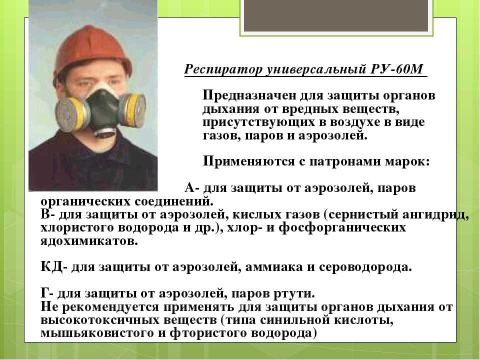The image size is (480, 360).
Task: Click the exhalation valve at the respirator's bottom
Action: [x=106, y=131]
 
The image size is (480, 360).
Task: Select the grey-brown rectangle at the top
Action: [x=336, y=15]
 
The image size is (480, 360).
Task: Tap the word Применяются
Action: [x=249, y=161]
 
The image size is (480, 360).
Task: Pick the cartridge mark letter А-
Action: [x=192, y=187]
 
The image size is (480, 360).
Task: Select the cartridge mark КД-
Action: [x=54, y=267]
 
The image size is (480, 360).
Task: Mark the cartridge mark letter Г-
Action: [x=47, y=293]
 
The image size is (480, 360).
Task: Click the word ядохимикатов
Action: [x=89, y=241]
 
